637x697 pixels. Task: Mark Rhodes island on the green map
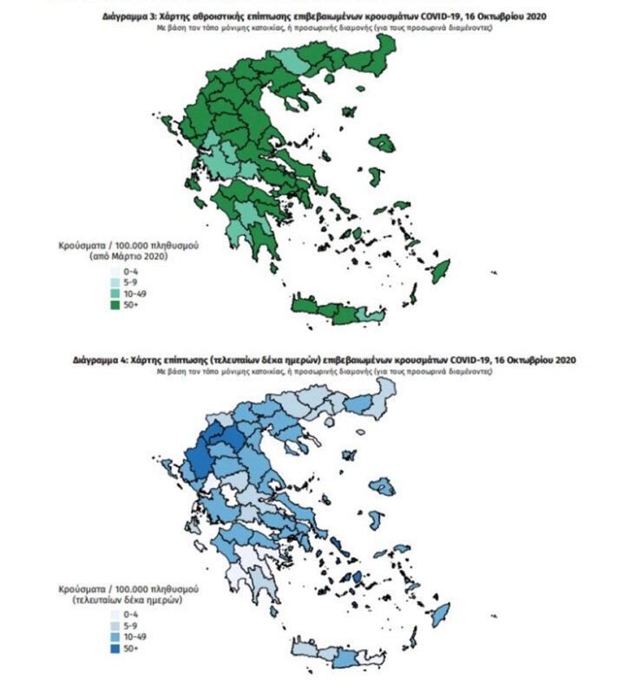click(439, 273)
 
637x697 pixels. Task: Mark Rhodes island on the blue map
click(439, 614)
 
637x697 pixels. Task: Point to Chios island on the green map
click(373, 177)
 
